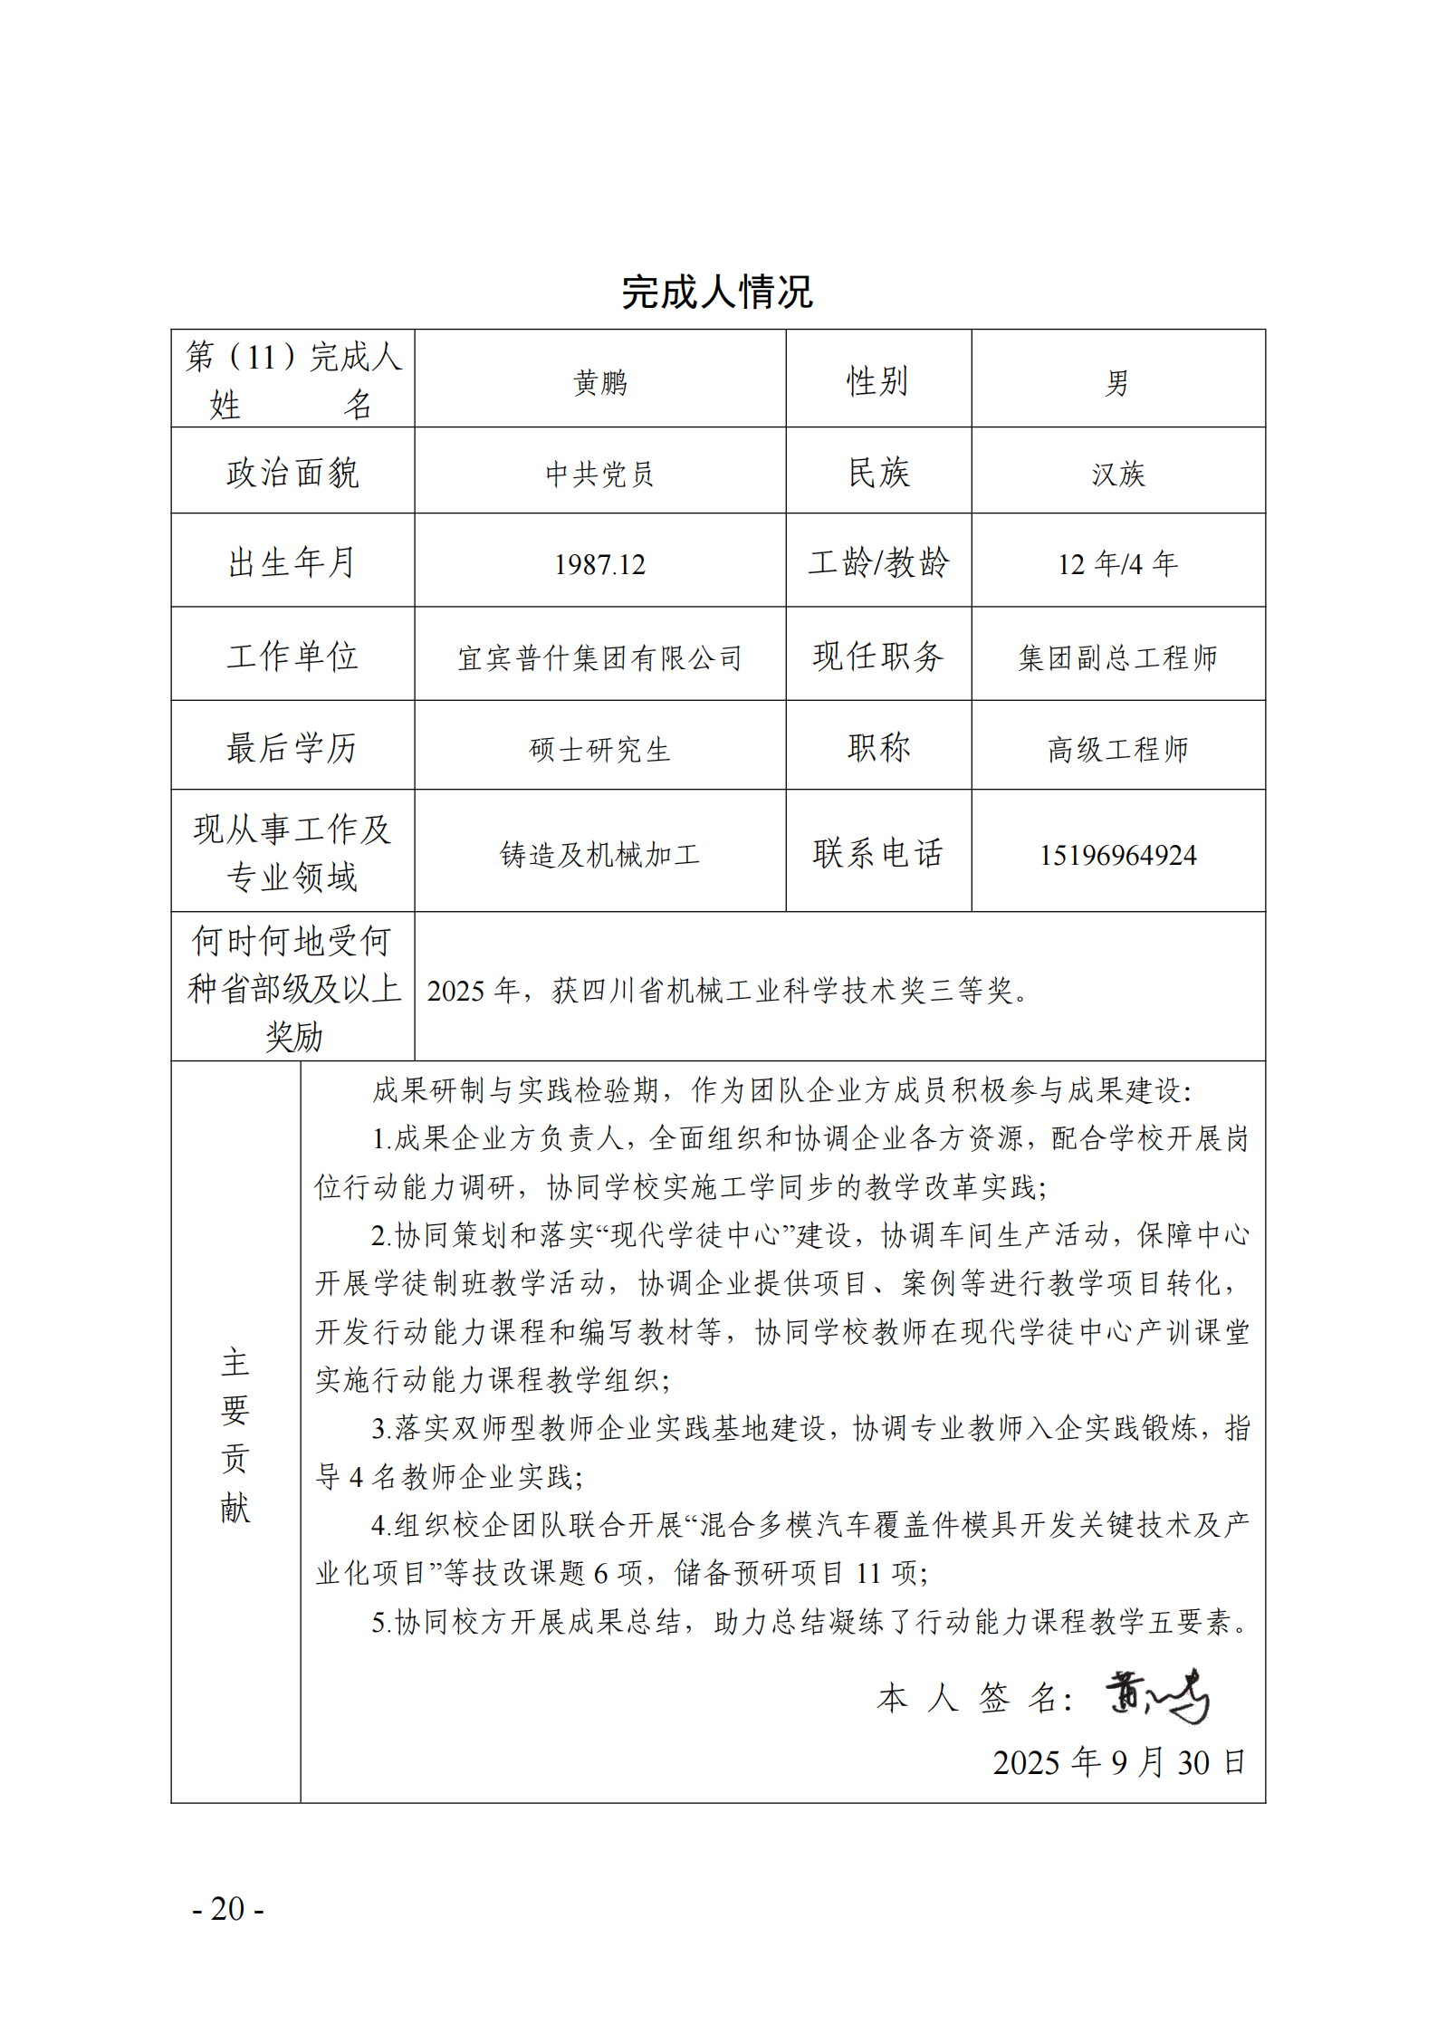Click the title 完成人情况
pyautogui.click(x=717, y=292)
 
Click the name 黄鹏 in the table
pyautogui.click(x=599, y=382)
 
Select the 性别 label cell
pyautogui.click(x=877, y=380)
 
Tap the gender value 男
pyautogui.click(x=1117, y=382)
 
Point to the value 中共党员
pyautogui.click(x=599, y=473)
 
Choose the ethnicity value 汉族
pyautogui.click(x=1117, y=473)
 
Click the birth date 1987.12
pyautogui.click(x=599, y=564)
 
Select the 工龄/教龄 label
pyautogui.click(x=877, y=562)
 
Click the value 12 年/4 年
pyautogui.click(x=1117, y=564)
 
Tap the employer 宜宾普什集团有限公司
pyautogui.click(x=599, y=657)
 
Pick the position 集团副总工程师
pyautogui.click(x=1117, y=657)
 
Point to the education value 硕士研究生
pyautogui.click(x=599, y=749)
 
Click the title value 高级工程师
pyautogui.click(x=1117, y=749)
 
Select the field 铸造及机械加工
pyautogui.click(x=599, y=854)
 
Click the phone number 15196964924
pyautogui.click(x=1117, y=854)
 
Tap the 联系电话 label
pyautogui.click(x=877, y=852)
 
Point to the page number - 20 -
pyautogui.click(x=228, y=1908)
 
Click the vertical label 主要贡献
pyautogui.click(x=235, y=1435)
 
